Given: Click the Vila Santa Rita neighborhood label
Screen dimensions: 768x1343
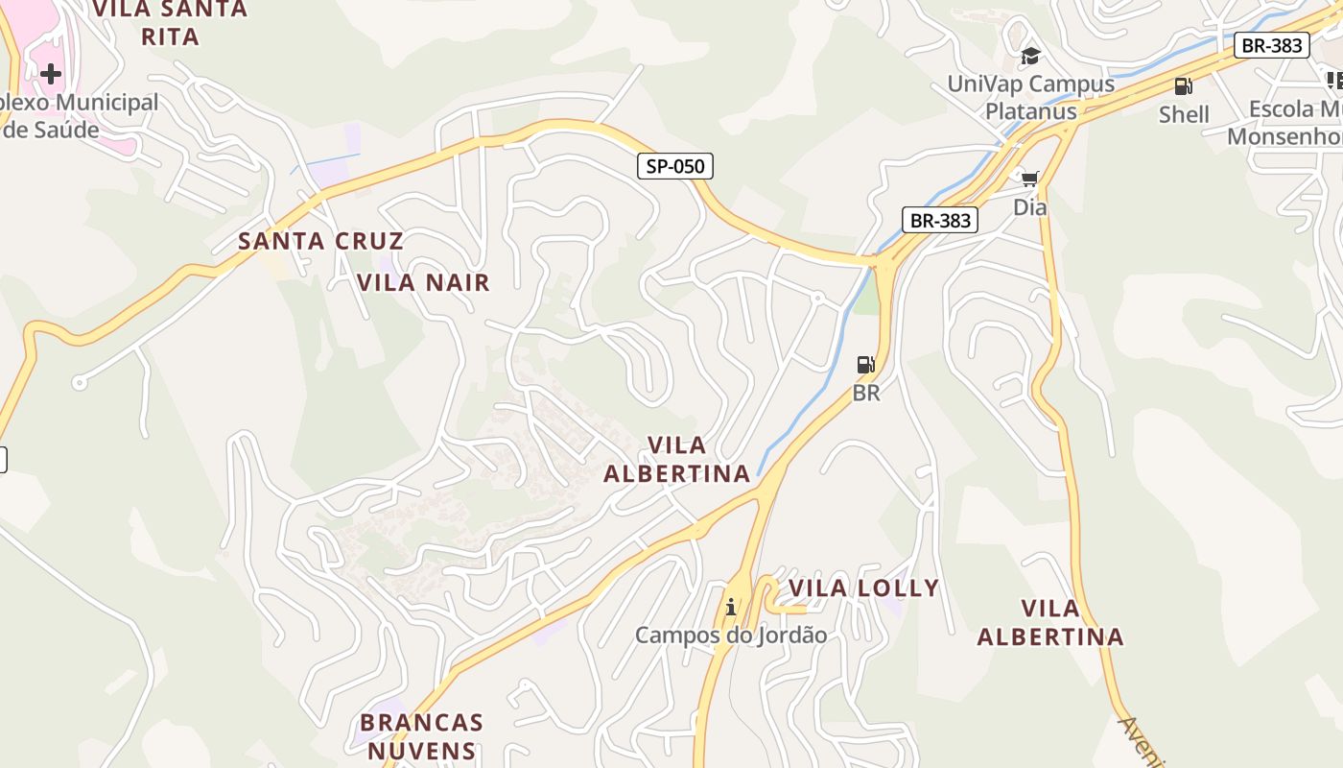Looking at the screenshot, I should (170, 22).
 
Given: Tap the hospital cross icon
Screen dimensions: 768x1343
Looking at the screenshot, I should (51, 73).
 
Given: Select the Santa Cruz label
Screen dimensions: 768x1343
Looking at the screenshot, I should (320, 240).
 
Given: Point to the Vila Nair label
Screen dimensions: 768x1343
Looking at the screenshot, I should (423, 282).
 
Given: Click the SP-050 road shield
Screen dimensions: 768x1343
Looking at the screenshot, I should (675, 166).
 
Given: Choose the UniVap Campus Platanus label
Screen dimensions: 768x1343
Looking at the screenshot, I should (1031, 97).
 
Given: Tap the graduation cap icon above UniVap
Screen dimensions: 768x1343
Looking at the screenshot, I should (1030, 56).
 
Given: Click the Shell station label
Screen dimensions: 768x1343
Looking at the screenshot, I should (1184, 114).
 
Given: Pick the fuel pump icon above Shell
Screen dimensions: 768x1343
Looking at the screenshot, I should (1184, 86).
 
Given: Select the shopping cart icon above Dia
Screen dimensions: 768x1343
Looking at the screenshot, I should (1030, 179).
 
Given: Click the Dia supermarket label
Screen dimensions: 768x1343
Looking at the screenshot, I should (1030, 206).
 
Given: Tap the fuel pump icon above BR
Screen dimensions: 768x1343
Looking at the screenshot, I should (865, 365).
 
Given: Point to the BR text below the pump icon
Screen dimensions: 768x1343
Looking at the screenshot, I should (865, 393).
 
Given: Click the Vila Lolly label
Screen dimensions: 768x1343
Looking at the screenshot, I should (863, 588).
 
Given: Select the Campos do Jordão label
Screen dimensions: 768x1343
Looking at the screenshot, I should (731, 635).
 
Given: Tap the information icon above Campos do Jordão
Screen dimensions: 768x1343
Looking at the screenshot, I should (731, 607).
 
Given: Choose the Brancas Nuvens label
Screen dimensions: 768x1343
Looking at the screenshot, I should (421, 735).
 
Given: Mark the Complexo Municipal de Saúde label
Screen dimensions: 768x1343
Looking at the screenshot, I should (77, 115).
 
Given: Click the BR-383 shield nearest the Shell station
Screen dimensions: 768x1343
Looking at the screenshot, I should (1271, 44).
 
